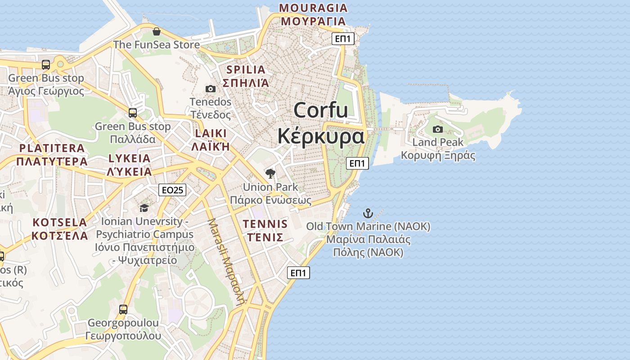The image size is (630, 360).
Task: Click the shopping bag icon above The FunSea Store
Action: (156, 31)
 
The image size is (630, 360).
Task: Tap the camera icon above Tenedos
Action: (210, 89)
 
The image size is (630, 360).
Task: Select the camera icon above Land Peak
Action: (437, 130)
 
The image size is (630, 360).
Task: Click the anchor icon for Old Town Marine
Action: (369, 213)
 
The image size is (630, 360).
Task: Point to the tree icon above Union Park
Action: (270, 173)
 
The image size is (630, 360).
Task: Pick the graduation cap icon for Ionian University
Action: (144, 208)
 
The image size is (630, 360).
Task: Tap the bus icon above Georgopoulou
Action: (123, 310)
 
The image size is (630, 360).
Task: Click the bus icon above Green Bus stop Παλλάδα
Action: (132, 112)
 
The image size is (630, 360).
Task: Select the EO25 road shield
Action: (172, 190)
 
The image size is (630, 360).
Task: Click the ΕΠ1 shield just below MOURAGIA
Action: (343, 39)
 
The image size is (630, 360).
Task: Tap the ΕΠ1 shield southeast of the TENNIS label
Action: (299, 273)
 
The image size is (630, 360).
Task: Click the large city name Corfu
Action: (320, 110)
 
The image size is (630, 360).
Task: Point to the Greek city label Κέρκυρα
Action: (320, 136)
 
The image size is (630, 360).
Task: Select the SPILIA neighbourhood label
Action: (246, 70)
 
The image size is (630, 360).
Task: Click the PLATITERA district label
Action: (52, 148)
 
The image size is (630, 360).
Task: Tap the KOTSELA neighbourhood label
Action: (60, 222)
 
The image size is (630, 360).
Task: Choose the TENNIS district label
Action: (265, 224)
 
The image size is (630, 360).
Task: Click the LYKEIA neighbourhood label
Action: (130, 158)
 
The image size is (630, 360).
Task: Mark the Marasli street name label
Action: (226, 261)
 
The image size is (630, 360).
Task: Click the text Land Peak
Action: (438, 143)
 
